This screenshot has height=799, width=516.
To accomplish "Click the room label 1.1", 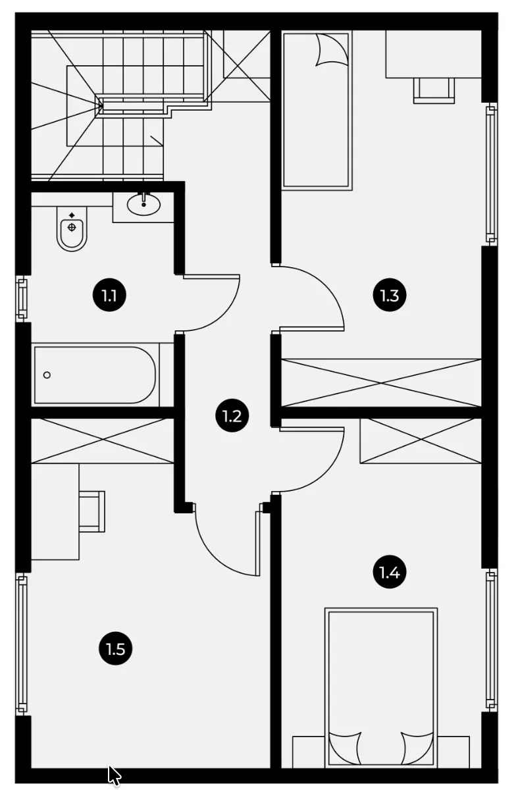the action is (109, 296).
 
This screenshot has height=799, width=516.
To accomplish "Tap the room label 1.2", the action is (232, 415).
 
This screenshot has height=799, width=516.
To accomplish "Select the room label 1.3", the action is (390, 296).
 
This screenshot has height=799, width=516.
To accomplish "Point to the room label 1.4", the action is (390, 572).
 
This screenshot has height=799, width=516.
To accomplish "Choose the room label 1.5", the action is (116, 649).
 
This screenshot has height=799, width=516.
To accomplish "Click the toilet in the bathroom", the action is (72, 228).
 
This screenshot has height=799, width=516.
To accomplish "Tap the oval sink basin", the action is (143, 205).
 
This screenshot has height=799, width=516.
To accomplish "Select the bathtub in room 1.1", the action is (95, 375).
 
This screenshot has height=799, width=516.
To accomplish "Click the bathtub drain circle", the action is (47, 375).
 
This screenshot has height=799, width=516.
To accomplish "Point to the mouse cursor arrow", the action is (113, 775).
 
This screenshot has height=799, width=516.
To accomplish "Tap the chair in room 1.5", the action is (92, 511).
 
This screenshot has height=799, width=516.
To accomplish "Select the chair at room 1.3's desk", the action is (434, 91).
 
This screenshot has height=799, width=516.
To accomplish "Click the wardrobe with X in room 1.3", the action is (381, 383).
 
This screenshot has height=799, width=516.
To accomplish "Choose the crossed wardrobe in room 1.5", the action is (103, 441).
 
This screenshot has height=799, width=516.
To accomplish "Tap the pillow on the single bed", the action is (332, 50).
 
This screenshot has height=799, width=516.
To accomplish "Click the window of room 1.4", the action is (492, 640).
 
